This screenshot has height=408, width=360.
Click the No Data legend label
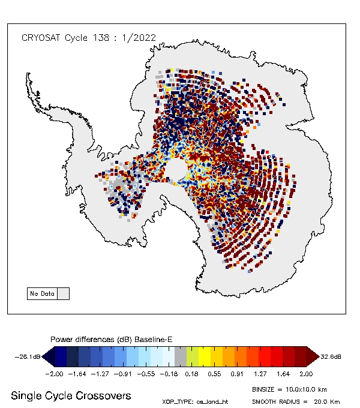42,294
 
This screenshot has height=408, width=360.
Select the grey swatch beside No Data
63,294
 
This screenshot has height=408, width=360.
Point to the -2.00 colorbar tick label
55,372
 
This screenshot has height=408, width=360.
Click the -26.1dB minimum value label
28,357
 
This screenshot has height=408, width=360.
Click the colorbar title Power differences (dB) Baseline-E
112,340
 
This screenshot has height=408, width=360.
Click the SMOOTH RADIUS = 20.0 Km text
296,401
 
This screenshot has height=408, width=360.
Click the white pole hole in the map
175,172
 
